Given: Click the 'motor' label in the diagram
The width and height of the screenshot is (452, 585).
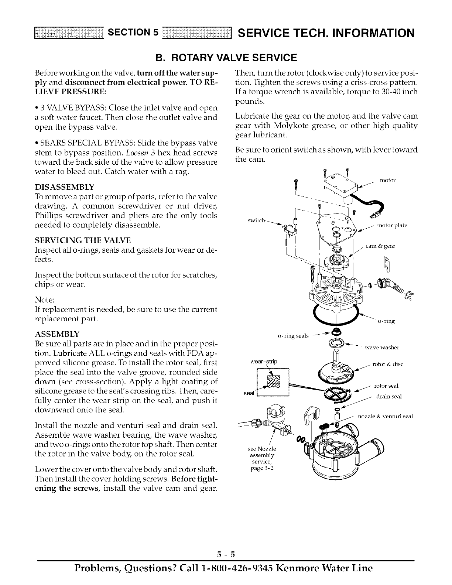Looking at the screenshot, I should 387,181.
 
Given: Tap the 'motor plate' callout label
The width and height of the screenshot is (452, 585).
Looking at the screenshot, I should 392,226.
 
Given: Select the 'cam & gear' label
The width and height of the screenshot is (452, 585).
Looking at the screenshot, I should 380,246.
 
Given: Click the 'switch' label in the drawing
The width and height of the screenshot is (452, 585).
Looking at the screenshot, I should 256,221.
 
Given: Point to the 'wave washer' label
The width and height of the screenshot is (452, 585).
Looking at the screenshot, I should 382,347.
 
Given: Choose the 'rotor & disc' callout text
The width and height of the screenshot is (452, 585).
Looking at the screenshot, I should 388,364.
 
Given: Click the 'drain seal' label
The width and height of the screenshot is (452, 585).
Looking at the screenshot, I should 388,397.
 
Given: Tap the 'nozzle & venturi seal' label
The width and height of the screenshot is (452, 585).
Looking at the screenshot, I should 385,416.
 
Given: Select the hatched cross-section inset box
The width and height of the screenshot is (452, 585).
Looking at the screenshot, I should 273,382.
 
